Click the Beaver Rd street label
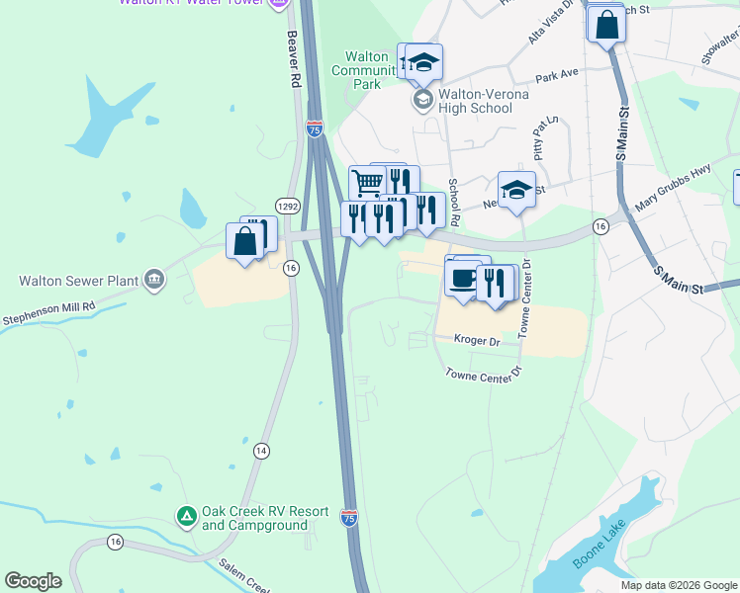[293, 57]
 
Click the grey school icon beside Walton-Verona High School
[422, 100]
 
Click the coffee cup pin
[462, 278]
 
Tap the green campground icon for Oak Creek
[186, 516]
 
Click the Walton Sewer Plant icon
[153, 280]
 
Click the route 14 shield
[261, 450]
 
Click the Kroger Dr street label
[477, 339]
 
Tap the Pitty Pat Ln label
[546, 138]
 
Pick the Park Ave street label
[556, 75]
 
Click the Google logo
[33, 581]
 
